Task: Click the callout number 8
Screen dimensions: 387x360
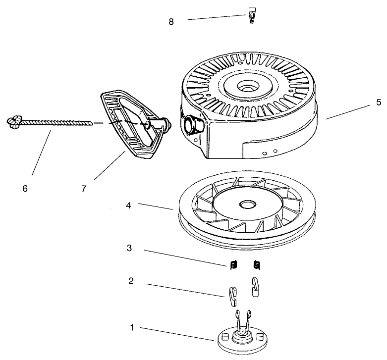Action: point(171,22)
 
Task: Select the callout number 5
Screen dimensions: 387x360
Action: point(379,103)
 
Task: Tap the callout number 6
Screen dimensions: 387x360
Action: point(25,189)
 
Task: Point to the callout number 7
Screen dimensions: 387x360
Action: point(84,189)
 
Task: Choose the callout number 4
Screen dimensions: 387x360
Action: point(128,206)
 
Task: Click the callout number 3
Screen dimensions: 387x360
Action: point(129,248)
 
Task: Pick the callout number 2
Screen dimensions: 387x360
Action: point(131,281)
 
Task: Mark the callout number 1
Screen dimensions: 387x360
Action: point(132,328)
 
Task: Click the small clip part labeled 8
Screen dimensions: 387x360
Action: point(252,15)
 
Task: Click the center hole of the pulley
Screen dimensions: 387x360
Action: point(248,205)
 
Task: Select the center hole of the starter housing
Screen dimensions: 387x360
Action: point(248,87)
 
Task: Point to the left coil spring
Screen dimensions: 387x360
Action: point(233,265)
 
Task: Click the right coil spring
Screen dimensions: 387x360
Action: point(257,265)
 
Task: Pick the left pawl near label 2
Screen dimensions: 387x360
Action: point(233,297)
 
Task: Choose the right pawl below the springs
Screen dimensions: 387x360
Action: point(255,287)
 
